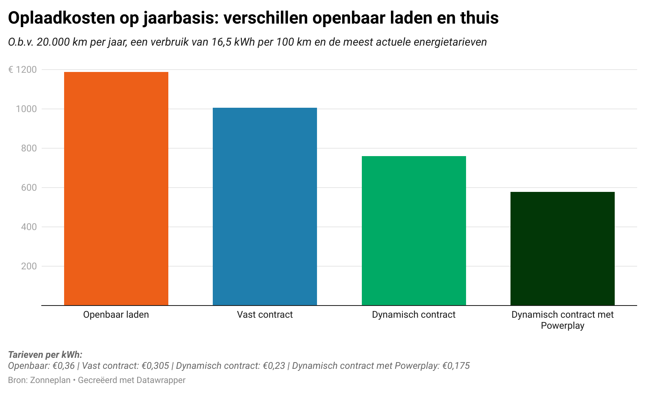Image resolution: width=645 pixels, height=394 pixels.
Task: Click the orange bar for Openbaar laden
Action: click(116, 189)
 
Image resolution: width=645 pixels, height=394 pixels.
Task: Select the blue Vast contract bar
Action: click(265, 206)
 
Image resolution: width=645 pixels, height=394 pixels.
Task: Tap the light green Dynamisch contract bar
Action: click(414, 231)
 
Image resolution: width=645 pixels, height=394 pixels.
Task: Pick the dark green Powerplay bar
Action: click(562, 249)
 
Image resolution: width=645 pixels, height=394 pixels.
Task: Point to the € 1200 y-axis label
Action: click(22, 70)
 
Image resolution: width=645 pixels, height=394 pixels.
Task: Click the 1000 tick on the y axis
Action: click(26, 109)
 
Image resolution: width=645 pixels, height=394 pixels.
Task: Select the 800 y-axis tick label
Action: click(29, 148)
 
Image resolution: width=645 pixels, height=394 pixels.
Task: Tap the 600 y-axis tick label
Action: click(29, 188)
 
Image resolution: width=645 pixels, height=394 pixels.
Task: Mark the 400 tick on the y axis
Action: click(29, 227)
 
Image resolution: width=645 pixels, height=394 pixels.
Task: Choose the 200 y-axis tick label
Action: click(29, 266)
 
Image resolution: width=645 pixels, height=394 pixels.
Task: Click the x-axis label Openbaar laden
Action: click(116, 315)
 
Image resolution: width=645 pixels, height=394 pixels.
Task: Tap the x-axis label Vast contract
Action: click(265, 315)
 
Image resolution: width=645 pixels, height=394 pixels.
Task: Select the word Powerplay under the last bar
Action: click(562, 326)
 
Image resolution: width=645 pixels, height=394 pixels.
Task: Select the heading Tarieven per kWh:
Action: click(45, 355)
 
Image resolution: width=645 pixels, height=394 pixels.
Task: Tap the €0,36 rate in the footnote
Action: click(63, 366)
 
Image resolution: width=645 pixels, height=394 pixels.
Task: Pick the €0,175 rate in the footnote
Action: click(456, 366)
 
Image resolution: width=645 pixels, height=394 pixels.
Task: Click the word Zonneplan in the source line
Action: click(50, 380)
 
